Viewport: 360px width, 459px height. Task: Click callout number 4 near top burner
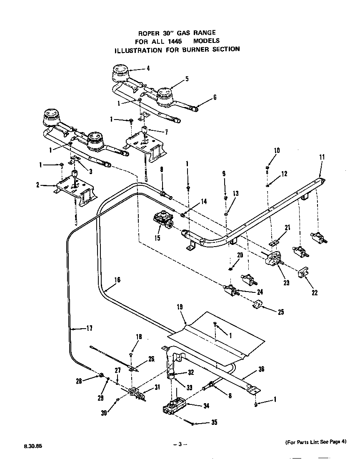pyautogui.click(x=147, y=69)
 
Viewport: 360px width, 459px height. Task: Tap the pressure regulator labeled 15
pyautogui.click(x=164, y=219)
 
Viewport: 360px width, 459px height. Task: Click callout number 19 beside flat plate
pyautogui.click(x=180, y=307)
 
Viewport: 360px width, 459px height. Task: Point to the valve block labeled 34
pyautogui.click(x=175, y=406)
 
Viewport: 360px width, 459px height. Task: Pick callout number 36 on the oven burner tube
pyautogui.click(x=261, y=369)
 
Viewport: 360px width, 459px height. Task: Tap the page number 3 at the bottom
pyautogui.click(x=180, y=444)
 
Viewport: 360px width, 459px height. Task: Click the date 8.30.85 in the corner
pyautogui.click(x=26, y=445)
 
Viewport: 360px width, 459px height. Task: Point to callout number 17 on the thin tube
pyautogui.click(x=89, y=328)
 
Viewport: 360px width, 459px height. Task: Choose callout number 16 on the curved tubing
pyautogui.click(x=117, y=279)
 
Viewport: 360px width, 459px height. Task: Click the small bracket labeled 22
pyautogui.click(x=303, y=272)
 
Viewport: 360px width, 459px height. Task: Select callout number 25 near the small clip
pyautogui.click(x=280, y=312)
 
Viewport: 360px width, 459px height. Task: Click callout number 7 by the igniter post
pyautogui.click(x=166, y=132)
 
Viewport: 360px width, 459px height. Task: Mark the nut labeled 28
pyautogui.click(x=101, y=376)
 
